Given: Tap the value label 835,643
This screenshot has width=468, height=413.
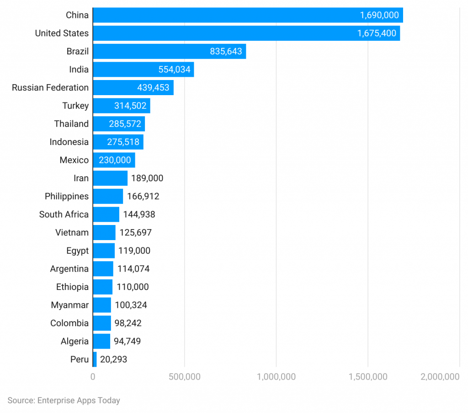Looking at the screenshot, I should tap(226, 51).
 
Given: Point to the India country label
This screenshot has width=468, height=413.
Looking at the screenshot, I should tap(79, 70).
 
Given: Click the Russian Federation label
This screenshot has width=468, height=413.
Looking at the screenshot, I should tap(50, 87).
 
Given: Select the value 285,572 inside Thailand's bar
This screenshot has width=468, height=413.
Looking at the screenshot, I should tap(125, 124).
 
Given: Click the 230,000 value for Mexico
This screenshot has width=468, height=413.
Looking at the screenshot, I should tap(114, 160).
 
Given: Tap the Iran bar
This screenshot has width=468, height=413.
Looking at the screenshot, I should tap(110, 178).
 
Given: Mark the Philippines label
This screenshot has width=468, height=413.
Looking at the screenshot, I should tap(67, 196).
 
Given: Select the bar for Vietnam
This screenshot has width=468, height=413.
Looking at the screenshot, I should tap(104, 232).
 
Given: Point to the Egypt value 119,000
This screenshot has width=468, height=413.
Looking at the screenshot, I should tap(134, 251).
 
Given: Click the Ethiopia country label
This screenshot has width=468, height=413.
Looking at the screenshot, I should tap(72, 287).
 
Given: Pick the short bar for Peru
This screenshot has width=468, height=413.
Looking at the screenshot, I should tap(95, 359).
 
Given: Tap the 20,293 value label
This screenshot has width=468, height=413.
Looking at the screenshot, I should tap(113, 359).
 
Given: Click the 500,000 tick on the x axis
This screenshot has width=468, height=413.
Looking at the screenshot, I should tap(185, 377).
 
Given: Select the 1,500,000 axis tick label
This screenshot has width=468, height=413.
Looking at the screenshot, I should tap(368, 377).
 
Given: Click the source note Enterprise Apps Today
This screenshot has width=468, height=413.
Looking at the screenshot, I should tap(64, 400).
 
